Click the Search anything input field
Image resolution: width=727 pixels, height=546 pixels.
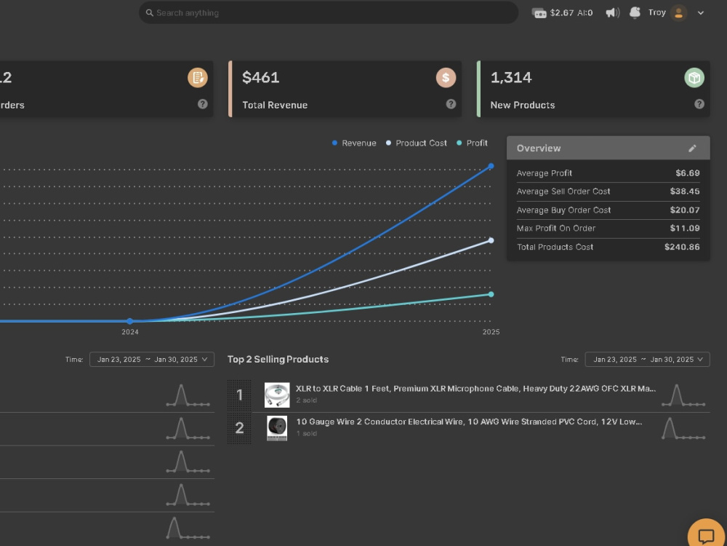pyautogui.click(x=329, y=12)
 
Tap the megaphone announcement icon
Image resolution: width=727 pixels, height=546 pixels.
pyautogui.click(x=612, y=12)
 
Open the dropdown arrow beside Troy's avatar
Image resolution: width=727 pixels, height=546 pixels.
pyautogui.click(x=701, y=13)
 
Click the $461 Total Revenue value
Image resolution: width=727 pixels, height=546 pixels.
pyautogui.click(x=260, y=78)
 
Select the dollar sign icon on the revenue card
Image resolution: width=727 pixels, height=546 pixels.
pyautogui.click(x=446, y=78)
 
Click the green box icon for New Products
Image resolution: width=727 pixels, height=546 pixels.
pyautogui.click(x=694, y=78)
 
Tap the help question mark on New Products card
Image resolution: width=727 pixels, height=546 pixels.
pyautogui.click(x=699, y=104)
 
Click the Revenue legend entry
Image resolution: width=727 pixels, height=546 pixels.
pyautogui.click(x=354, y=143)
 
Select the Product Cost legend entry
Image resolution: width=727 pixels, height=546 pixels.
pyautogui.click(x=417, y=143)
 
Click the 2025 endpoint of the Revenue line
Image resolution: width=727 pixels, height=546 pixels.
pyautogui.click(x=491, y=166)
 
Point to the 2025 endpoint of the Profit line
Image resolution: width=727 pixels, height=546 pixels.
pyautogui.click(x=491, y=294)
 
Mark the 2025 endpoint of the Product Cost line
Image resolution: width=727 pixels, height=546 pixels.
pyautogui.click(x=491, y=240)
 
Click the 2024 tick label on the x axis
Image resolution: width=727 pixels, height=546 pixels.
pyautogui.click(x=130, y=332)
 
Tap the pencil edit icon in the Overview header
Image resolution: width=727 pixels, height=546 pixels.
pyautogui.click(x=692, y=148)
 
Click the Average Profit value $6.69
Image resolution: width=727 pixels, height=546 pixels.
pyautogui.click(x=688, y=173)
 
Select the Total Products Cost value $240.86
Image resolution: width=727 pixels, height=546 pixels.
pyautogui.click(x=682, y=247)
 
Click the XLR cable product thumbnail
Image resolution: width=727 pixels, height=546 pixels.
pyautogui.click(x=277, y=395)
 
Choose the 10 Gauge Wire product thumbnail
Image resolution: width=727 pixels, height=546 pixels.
pyautogui.click(x=277, y=428)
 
